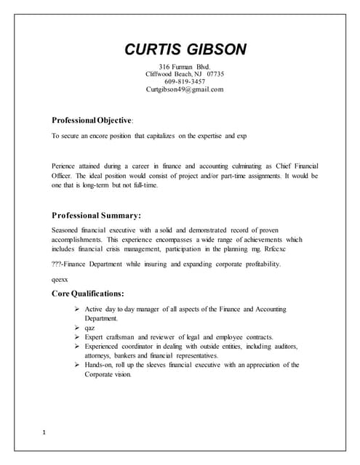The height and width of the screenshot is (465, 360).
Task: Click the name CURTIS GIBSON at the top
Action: tap(185, 50)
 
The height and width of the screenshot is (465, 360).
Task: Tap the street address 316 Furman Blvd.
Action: tap(185, 67)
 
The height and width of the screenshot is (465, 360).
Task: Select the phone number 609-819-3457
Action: tap(185, 81)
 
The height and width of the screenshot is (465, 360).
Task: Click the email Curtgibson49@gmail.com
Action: tap(185, 89)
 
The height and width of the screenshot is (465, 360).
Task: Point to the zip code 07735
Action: tap(215, 74)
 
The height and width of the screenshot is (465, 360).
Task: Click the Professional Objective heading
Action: tap(92, 119)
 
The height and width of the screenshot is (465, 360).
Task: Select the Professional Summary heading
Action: tap(96, 215)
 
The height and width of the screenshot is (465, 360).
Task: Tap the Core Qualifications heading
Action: tap(87, 294)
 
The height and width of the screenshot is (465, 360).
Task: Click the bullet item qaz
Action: tap(90, 328)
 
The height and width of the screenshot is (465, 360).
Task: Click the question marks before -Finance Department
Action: tap(57, 264)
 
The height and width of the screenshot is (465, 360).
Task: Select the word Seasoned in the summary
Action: tap(68, 230)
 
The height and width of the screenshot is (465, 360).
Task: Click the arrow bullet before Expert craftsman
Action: tap(77, 337)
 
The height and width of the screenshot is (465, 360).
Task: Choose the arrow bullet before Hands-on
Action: tap(77, 365)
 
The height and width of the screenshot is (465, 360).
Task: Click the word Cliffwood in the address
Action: tap(159, 74)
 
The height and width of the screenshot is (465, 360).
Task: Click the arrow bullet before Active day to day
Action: tap(77, 310)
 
